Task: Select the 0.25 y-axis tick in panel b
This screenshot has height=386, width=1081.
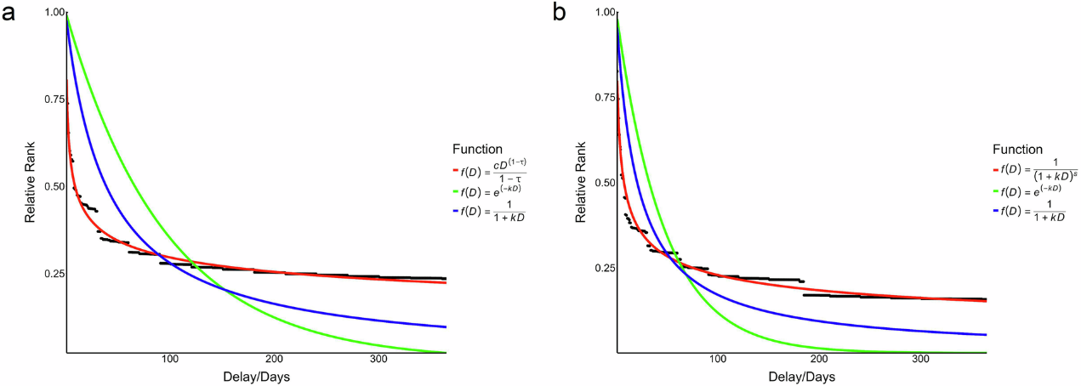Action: coord(602,268)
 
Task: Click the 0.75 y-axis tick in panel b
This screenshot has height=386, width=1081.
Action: coord(602,98)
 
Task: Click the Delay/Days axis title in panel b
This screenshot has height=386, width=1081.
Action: coord(801,376)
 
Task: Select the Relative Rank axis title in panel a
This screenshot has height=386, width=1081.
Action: coord(30,182)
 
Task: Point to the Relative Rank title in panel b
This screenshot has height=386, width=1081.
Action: coord(582,182)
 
